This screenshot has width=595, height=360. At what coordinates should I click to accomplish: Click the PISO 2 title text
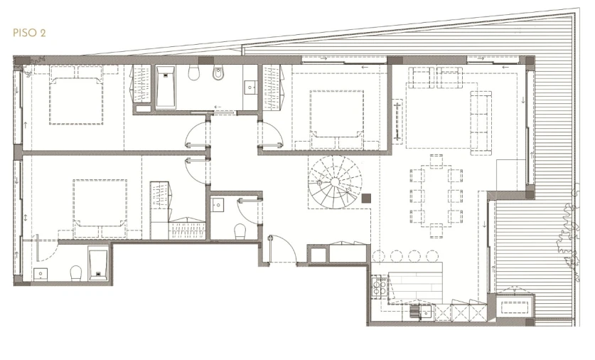coord(29,33)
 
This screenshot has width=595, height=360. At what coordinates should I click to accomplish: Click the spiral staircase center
coord(335,182)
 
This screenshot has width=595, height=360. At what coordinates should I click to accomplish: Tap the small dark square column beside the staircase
coord(366,198)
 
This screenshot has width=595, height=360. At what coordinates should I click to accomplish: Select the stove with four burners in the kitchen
coord(380,286)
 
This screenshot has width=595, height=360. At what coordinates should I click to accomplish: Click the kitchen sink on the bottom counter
coord(426,313)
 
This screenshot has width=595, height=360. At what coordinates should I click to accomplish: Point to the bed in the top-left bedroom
coord(76,100)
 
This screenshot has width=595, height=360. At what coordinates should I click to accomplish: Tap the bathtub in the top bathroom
coord(166,88)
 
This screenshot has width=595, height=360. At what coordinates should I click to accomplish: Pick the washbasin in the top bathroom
coord(250,88)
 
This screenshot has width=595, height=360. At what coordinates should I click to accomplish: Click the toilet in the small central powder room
coord(240,231)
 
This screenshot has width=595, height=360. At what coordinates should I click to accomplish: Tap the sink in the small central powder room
coord(218,205)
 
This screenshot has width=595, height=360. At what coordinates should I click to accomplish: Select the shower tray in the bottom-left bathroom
coord(99,263)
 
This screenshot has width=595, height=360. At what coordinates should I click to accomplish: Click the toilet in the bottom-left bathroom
coord(76,273)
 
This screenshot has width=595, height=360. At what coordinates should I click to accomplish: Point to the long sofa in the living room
coord(481,122)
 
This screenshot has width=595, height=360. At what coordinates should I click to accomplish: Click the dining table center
coord(436,196)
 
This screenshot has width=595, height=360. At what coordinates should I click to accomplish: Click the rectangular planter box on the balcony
coord(515,307)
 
